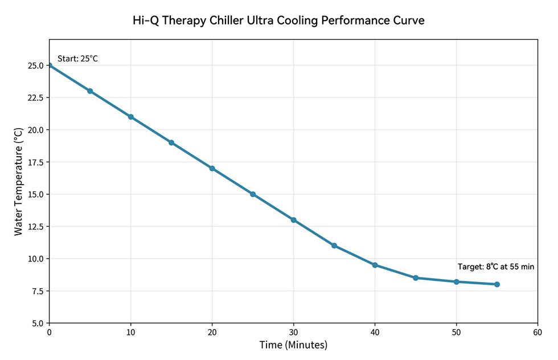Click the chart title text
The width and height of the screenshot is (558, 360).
278,21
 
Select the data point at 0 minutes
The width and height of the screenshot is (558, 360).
50,66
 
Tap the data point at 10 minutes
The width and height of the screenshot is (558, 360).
131,117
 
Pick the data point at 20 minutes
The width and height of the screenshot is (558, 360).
212,169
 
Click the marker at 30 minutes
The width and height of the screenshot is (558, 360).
294,220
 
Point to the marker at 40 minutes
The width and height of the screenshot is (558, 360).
375,265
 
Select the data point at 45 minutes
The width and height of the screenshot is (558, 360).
416,278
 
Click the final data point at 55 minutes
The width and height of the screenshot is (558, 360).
497,284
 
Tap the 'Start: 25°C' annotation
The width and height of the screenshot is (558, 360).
78,58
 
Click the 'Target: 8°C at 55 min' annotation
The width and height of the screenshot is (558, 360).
496,267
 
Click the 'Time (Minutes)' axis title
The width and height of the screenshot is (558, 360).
293,345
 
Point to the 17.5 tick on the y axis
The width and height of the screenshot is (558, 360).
35,162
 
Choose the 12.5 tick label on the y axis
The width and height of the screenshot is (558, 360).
35,227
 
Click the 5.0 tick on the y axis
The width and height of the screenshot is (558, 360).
37,323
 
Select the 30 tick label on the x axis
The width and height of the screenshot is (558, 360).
294,333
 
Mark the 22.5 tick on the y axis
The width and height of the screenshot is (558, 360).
35,98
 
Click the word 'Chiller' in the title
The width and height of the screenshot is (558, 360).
241,21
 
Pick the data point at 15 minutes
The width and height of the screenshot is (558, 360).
171,142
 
